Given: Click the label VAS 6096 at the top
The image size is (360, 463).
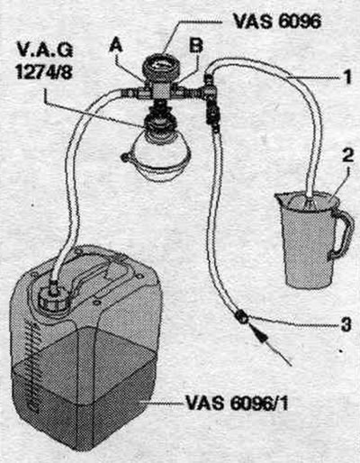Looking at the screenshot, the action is pyautogui.click(x=277, y=21).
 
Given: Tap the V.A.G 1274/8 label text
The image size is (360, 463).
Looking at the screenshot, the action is pyautogui.click(x=44, y=60).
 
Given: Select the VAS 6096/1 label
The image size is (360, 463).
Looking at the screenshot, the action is pyautogui.click(x=237, y=403).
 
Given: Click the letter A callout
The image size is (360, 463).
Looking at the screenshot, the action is pyautogui.click(x=116, y=46).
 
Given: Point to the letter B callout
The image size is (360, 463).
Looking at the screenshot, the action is pyautogui.click(x=196, y=46).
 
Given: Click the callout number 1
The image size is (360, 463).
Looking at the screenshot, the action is pyautogui.click(x=347, y=77).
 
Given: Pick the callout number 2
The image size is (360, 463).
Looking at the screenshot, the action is pyautogui.click(x=348, y=156).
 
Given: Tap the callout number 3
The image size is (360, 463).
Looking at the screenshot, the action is pyautogui.click(x=346, y=323).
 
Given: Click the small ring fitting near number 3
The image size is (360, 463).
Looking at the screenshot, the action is pyautogui.click(x=242, y=317).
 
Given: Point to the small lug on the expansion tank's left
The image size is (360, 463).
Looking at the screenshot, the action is pyautogui.click(x=125, y=157).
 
